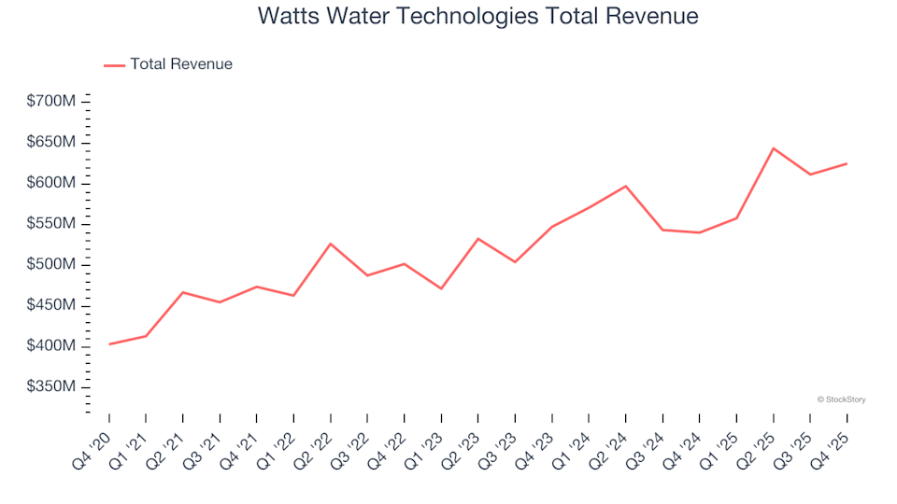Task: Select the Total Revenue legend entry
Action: [180, 64]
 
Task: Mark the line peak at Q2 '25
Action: [774, 147]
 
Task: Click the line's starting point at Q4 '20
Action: [109, 344]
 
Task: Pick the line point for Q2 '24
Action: [626, 186]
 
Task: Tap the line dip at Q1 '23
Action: [441, 288]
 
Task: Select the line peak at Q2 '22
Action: [331, 244]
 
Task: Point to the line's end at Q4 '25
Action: [847, 163]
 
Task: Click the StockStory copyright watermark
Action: [841, 399]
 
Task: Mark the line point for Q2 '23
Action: [478, 238]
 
